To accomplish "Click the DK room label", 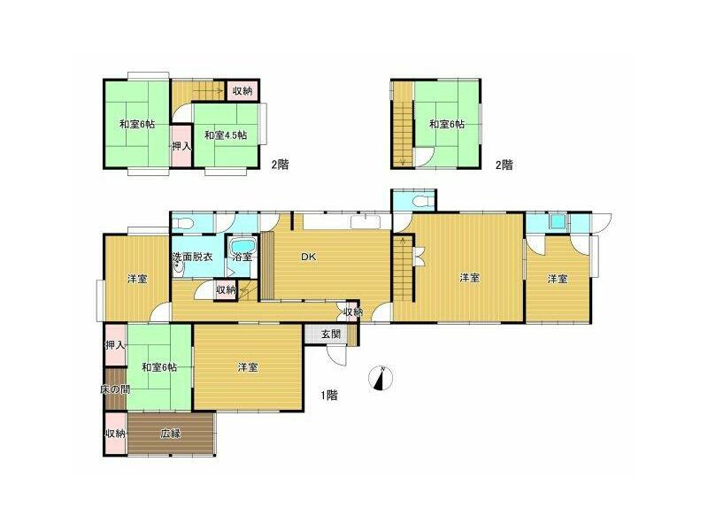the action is [x=309, y=257].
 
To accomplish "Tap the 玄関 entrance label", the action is [x=331, y=335].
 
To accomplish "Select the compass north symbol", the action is [x=381, y=378].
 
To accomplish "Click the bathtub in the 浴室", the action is [x=242, y=247].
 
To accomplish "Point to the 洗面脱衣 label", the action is [x=192, y=257].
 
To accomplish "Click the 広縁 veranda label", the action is [x=171, y=434].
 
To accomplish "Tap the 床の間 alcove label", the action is [x=115, y=389].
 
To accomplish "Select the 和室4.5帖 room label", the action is [x=226, y=135].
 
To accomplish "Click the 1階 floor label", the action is [x=329, y=396].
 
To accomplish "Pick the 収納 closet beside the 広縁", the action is [x=116, y=434].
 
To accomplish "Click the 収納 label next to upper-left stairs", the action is [x=242, y=91].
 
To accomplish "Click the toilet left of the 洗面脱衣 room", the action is [x=183, y=223].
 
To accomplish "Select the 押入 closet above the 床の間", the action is [x=115, y=346].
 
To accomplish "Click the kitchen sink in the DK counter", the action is [x=366, y=221].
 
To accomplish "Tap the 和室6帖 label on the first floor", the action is [x=159, y=367].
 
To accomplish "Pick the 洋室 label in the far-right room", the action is [x=558, y=279].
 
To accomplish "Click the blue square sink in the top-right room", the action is [x=559, y=221].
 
